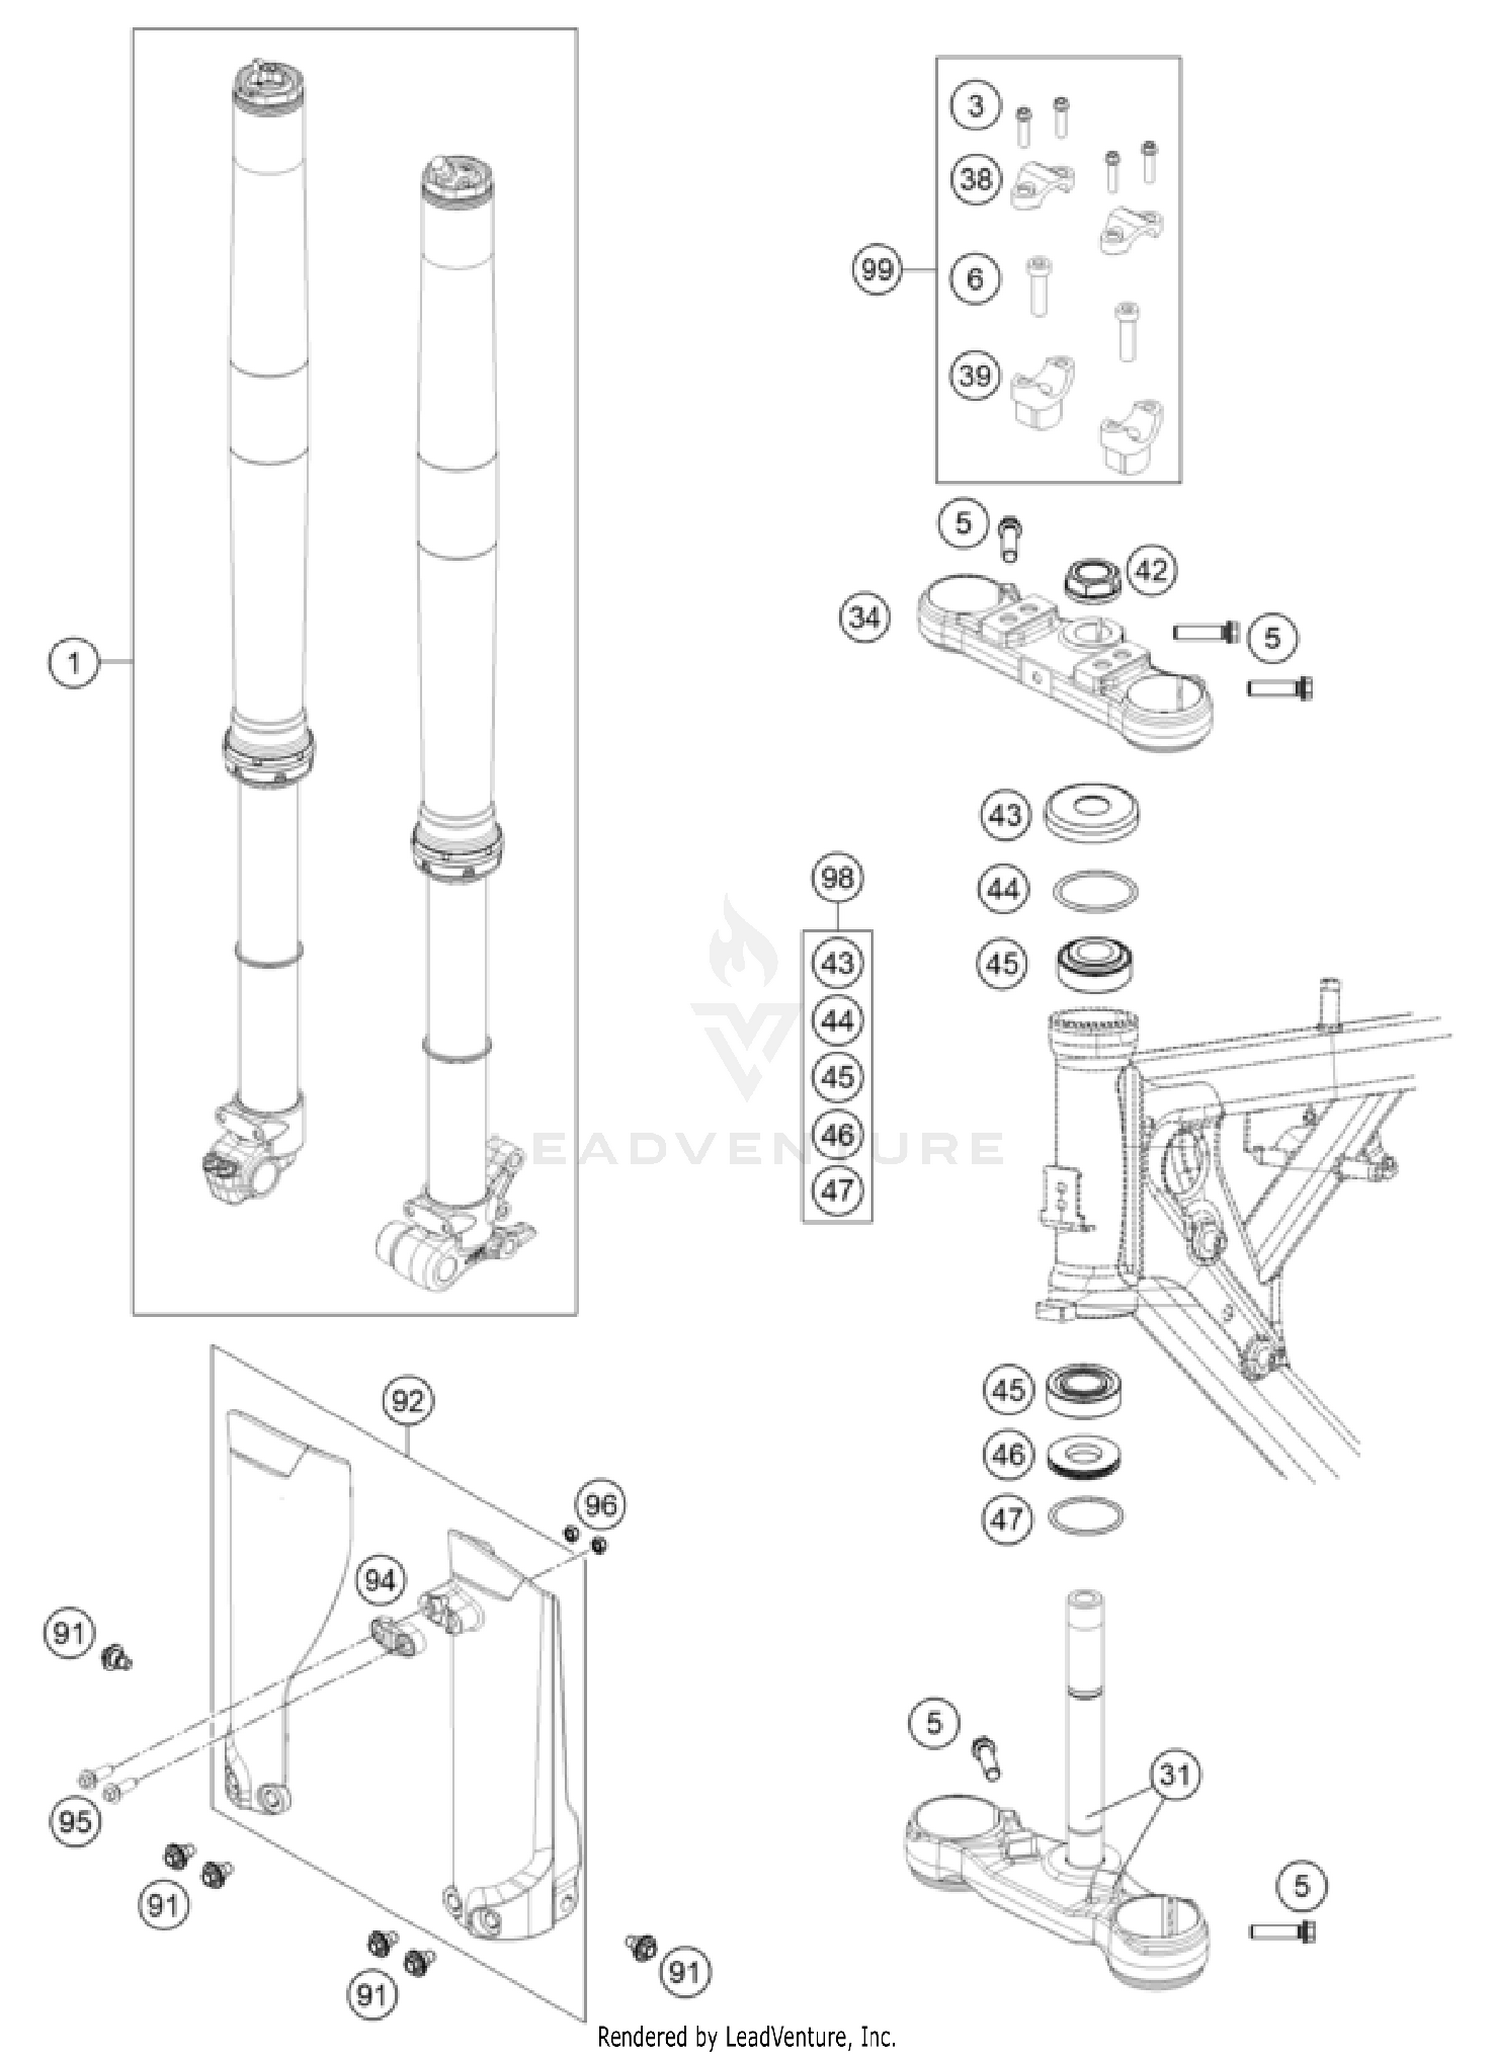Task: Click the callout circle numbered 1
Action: [x=73, y=662]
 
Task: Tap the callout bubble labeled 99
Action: [x=876, y=270]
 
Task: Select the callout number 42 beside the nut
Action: [x=1151, y=571]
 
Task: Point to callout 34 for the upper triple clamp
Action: [x=864, y=618]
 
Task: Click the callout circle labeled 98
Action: [x=837, y=878]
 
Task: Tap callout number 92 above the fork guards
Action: [x=407, y=1401]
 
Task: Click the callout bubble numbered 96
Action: [x=601, y=1505]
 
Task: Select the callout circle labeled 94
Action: [x=380, y=1581]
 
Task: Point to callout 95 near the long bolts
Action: [x=75, y=1822]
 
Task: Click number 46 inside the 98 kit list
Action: [x=838, y=1134]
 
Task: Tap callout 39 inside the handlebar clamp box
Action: [x=976, y=376]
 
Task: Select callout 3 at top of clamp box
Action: [x=975, y=106]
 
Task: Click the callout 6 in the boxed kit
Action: [x=975, y=279]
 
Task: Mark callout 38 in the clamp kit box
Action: [x=976, y=179]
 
